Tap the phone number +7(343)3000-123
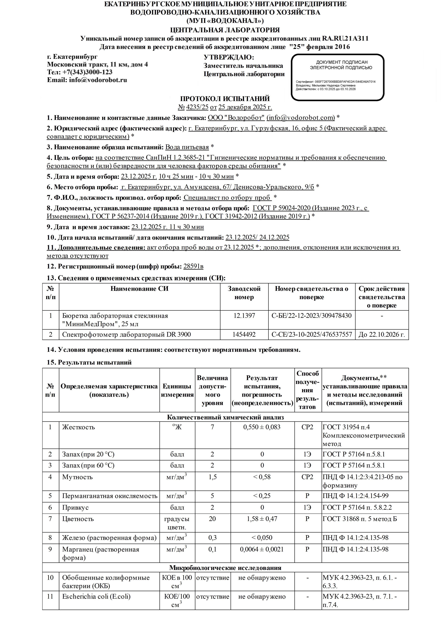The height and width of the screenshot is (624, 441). pos(87,72)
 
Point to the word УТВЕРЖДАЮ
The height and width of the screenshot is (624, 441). pos(228,57)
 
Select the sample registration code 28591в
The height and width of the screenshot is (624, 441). pos(193,266)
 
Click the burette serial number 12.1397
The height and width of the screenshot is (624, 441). pos(244,315)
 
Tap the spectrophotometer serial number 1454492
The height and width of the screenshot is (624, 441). pos(244,334)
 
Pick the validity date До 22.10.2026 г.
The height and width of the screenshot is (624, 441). pos(382,334)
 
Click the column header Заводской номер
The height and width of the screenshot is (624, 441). pos(244,293)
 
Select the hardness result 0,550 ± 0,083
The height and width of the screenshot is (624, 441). pos(262,427)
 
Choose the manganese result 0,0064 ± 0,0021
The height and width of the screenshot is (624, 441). pos(262,549)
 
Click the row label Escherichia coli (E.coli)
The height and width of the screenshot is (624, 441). pos(96,597)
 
